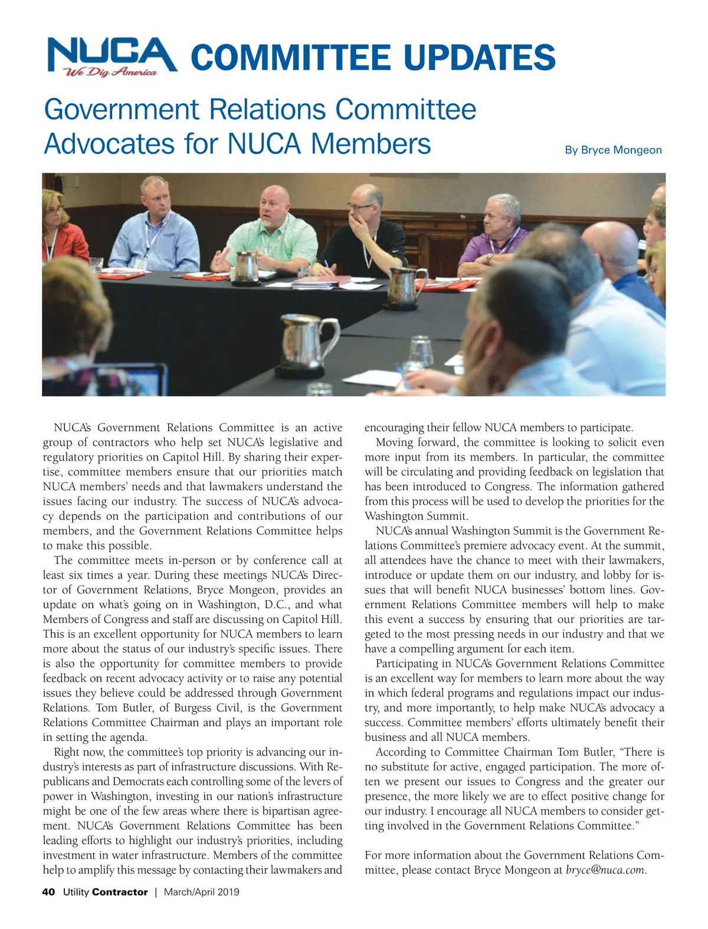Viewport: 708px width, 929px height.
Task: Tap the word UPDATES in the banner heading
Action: pos(479,57)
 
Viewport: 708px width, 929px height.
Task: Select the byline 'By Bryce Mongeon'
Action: pos(613,150)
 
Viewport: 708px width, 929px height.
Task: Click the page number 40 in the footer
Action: pos(48,892)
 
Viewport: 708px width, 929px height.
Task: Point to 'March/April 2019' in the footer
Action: pos(202,892)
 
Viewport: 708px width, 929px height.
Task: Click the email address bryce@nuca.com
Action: pos(605,870)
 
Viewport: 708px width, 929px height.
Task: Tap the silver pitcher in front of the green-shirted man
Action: pos(246,267)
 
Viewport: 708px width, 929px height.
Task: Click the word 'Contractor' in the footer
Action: pos(120,892)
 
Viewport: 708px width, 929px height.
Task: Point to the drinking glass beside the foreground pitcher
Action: pos(421,353)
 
